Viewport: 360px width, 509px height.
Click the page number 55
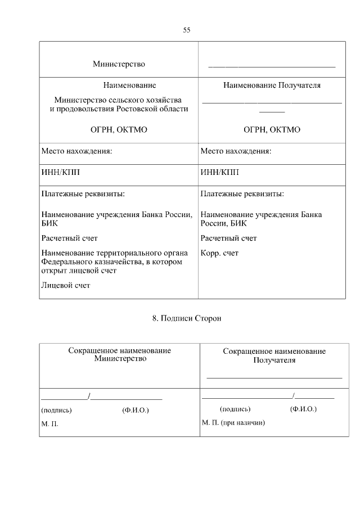tap(187, 30)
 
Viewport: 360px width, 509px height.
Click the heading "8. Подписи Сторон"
tap(187, 318)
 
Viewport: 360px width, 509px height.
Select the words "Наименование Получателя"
tap(272, 85)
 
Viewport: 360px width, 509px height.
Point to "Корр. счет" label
tap(219, 253)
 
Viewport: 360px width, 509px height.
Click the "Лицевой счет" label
tap(66, 285)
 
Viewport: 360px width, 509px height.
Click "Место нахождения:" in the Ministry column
tap(76, 151)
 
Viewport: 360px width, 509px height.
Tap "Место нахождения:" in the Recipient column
tap(236, 151)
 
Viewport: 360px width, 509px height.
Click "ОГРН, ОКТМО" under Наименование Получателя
tap(272, 129)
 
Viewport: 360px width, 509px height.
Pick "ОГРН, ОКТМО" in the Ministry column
tap(119, 129)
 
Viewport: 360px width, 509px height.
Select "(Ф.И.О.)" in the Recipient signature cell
tap(303, 409)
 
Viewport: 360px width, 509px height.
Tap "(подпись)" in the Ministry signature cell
tap(57, 410)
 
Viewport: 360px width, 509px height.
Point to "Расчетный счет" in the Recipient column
tap(228, 238)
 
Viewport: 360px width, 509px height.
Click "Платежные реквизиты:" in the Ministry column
tap(83, 193)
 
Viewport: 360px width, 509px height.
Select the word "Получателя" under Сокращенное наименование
tap(274, 360)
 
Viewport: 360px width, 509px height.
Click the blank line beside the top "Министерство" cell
tap(272, 66)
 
